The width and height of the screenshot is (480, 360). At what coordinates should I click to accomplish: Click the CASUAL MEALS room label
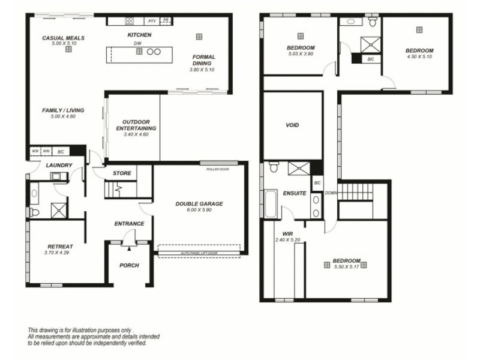tap(63, 38)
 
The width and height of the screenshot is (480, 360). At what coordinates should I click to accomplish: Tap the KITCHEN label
tap(139, 35)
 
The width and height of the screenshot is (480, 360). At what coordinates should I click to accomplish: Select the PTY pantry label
tap(152, 21)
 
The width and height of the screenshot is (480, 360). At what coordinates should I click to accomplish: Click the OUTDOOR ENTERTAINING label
tap(136, 125)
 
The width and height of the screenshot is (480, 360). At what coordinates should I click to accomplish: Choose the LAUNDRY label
tap(59, 166)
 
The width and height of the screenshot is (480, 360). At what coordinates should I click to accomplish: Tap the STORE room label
tap(122, 173)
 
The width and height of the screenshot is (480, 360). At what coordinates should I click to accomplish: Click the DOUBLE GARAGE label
tap(199, 204)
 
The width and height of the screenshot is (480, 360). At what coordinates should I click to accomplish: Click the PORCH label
tap(129, 265)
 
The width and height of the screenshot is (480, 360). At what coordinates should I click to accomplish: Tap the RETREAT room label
tap(60, 247)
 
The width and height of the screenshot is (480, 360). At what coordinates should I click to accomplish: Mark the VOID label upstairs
tap(292, 125)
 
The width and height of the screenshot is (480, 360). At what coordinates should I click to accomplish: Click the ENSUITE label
tap(295, 193)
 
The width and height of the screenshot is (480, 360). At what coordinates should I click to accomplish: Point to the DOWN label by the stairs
tap(331, 193)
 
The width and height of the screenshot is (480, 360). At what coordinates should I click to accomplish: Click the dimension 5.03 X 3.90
tap(301, 54)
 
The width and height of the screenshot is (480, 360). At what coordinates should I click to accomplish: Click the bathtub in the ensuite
tap(269, 205)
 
